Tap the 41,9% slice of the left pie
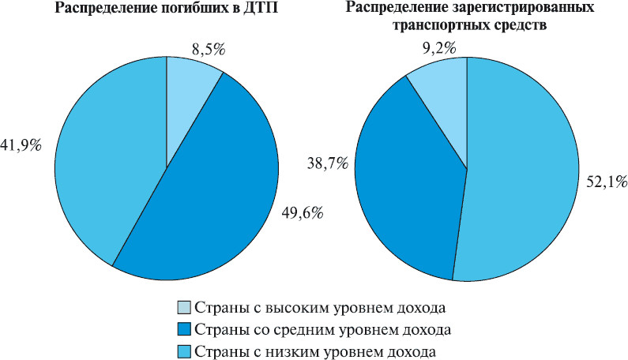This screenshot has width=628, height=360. point(111,158)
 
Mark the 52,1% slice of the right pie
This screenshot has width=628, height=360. point(521,174)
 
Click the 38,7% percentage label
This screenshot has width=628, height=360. point(325,164)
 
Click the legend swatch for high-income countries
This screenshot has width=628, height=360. point(183,307)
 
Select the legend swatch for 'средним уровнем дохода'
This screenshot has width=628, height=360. point(183,328)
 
